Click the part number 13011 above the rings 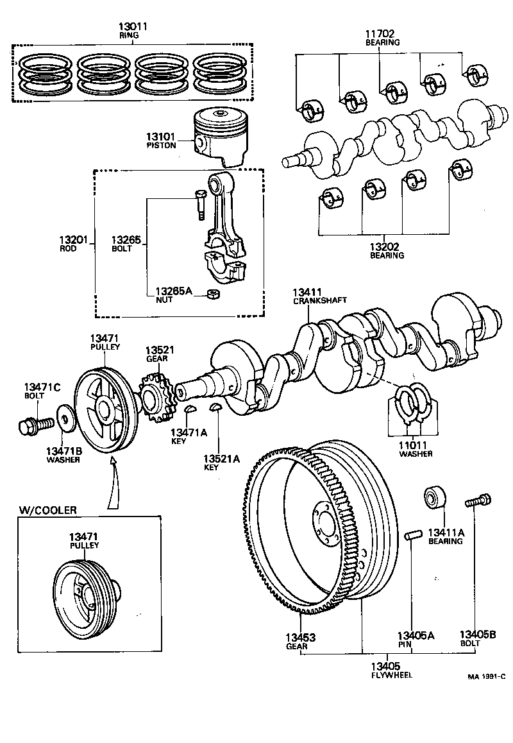coord(133,26)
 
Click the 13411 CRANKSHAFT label coord(311,296)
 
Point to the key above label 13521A coord(216,409)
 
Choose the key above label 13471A coord(190,409)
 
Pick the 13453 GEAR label coord(300,642)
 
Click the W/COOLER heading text coord(48,511)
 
